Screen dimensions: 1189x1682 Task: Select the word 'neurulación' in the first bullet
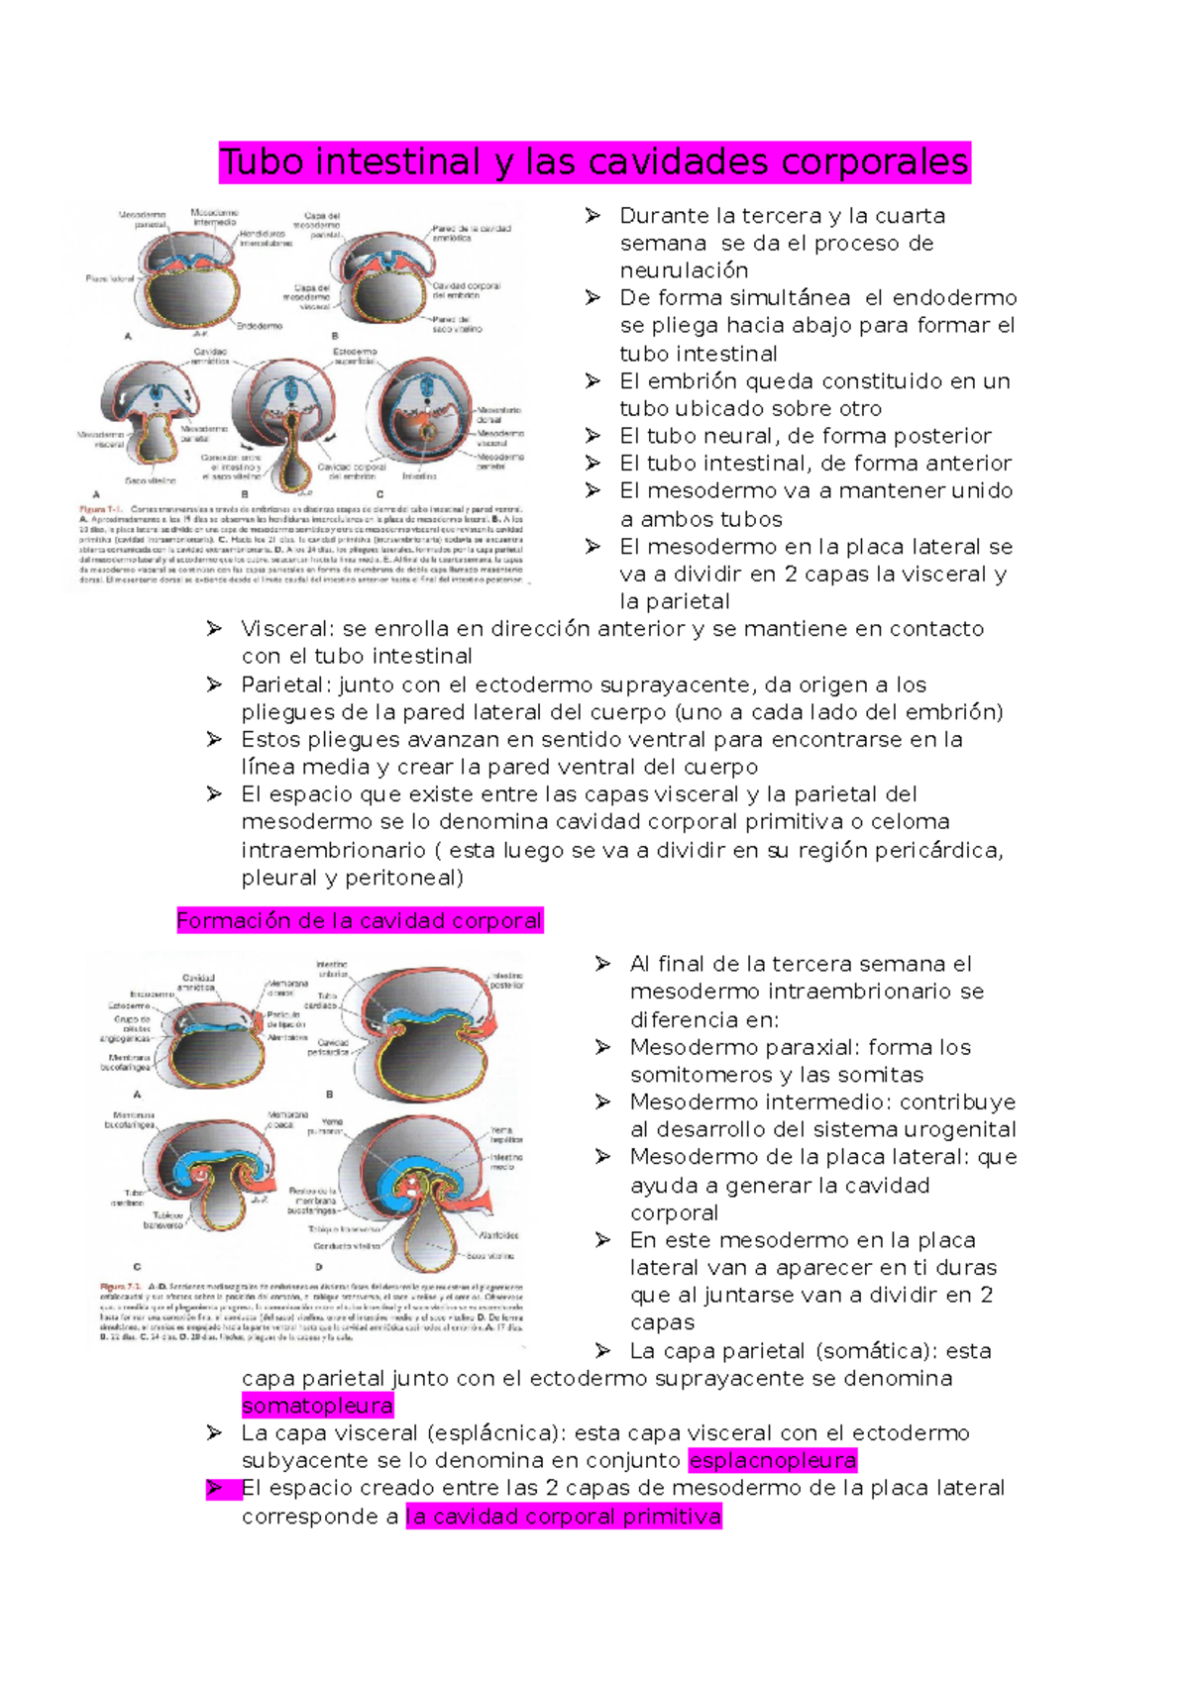684,270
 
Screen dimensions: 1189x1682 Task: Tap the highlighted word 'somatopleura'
317,1406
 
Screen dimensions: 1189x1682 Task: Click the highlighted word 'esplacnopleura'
773,1460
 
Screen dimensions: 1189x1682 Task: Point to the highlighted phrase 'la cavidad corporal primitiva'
564,1517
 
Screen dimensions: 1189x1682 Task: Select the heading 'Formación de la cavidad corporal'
360,921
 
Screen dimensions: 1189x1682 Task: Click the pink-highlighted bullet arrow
215,1488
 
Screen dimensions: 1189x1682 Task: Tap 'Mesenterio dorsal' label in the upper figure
498,414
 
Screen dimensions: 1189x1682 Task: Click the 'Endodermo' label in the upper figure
260,326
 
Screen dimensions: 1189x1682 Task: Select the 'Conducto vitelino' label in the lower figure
347,1246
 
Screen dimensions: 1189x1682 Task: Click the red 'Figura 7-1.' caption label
100,510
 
